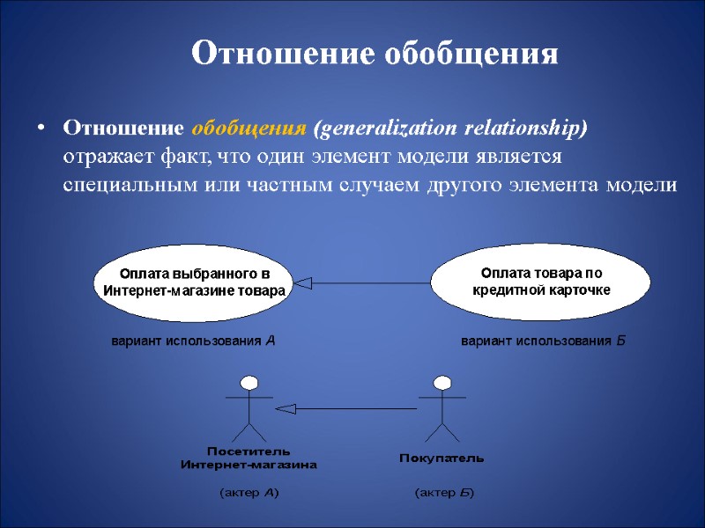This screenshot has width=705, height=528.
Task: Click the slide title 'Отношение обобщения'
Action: click(x=375, y=54)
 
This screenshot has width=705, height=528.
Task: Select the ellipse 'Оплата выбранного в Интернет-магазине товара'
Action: click(x=194, y=282)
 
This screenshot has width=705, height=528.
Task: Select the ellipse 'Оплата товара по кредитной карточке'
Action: click(x=540, y=282)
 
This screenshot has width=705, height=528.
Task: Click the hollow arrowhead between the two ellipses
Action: click(x=304, y=282)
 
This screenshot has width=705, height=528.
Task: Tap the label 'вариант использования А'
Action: click(x=193, y=341)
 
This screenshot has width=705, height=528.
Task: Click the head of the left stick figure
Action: click(x=249, y=383)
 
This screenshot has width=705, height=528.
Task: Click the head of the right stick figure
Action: click(x=442, y=383)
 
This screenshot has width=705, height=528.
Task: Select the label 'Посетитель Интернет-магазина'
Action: click(x=249, y=458)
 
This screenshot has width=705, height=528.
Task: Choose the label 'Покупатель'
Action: click(x=442, y=458)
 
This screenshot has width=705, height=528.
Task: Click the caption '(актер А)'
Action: click(x=249, y=493)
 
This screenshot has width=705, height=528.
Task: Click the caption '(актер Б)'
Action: click(x=443, y=493)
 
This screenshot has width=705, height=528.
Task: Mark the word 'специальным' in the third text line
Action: click(x=117, y=186)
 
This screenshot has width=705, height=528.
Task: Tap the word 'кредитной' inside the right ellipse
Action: click(x=505, y=290)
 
